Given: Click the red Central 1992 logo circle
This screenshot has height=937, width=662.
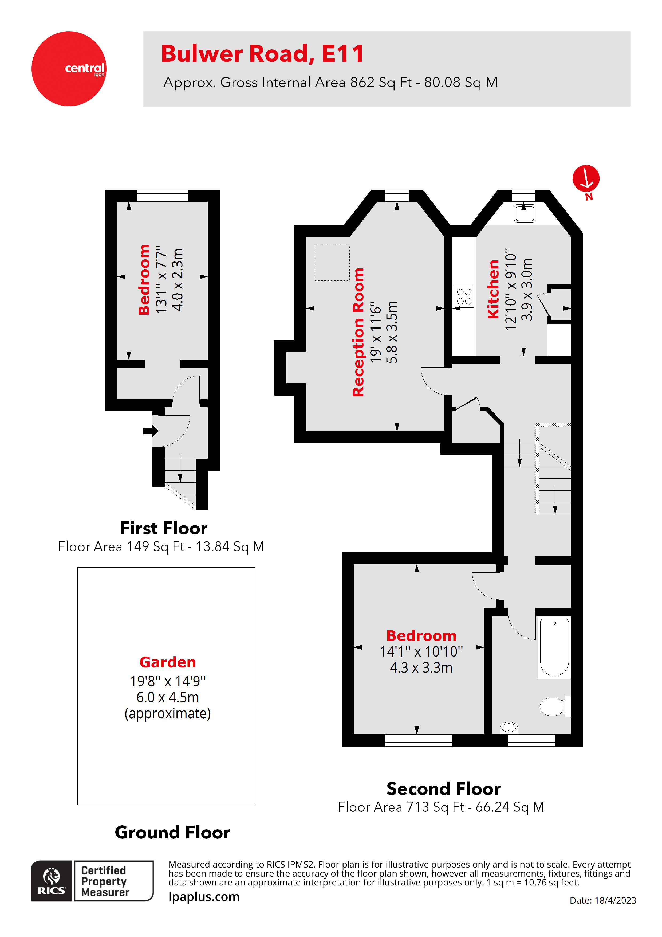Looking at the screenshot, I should pos(69,69).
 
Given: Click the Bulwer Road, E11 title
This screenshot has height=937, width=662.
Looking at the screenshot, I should pos(262,54).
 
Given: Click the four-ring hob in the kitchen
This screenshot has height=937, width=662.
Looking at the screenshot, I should pos(464,296).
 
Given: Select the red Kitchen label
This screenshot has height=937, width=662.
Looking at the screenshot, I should pos(493,289).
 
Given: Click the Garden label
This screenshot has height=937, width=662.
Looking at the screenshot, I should pos(168,662).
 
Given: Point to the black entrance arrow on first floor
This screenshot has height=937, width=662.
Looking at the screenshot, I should pos(151,431).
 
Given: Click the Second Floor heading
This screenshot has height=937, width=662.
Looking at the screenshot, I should pos(443,788).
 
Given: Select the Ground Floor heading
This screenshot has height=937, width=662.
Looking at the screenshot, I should pos(172,832).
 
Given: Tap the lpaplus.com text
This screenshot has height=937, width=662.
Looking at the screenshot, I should pos(204,897).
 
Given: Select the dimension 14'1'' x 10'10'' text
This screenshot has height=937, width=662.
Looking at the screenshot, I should pos(421,652).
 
